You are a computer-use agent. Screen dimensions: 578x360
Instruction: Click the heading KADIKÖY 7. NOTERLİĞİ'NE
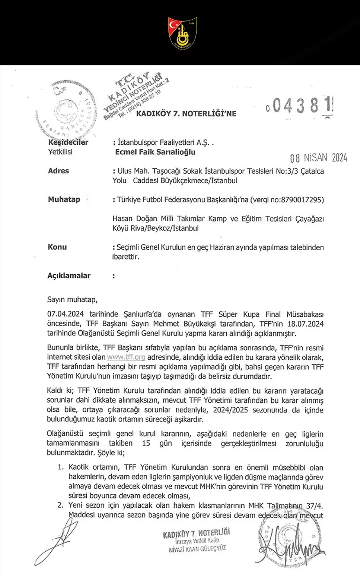pyautogui.click(x=186, y=114)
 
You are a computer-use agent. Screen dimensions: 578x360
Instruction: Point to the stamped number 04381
pyautogui.click(x=300, y=107)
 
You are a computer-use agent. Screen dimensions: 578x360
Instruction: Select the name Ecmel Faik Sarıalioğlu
pyautogui.click(x=156, y=152)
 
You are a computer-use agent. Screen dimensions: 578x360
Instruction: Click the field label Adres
pyautogui.click(x=59, y=171)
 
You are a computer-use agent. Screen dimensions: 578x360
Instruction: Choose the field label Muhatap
pyautogui.click(x=64, y=200)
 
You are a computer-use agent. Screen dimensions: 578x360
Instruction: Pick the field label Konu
pyautogui.click(x=57, y=247)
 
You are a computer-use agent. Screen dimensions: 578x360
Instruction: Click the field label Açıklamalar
pyautogui.click(x=69, y=276)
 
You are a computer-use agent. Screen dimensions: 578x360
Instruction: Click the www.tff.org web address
pyautogui.click(x=126, y=357)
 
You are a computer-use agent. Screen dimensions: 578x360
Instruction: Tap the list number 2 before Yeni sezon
pyautogui.click(x=60, y=505)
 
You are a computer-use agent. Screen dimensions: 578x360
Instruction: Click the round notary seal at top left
pyautogui.click(x=69, y=111)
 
